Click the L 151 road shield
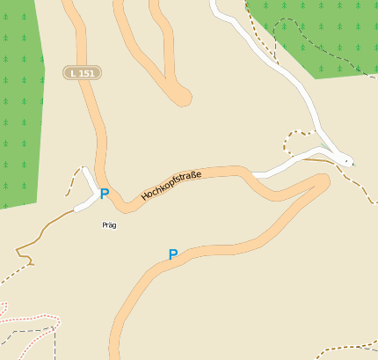[81, 73]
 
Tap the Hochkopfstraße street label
[171, 187]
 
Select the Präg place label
[109, 225]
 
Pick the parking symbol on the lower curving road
[173, 255]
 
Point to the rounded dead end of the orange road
[183, 96]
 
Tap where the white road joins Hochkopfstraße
[255, 173]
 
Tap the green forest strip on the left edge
[18, 106]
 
